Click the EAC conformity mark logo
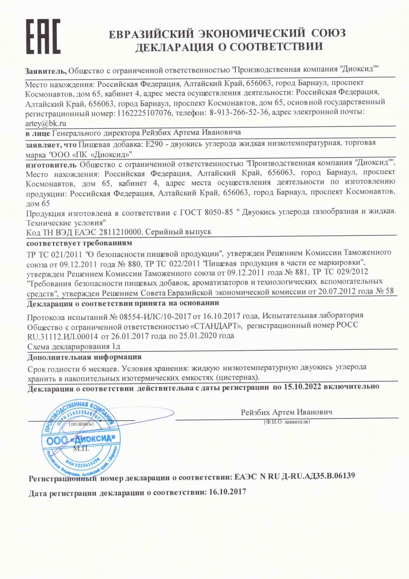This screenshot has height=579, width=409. [43, 37]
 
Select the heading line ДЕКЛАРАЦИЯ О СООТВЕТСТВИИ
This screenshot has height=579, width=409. [229, 47]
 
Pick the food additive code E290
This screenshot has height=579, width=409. [154, 144]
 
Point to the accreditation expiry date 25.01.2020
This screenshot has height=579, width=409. [212, 336]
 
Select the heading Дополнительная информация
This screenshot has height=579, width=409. [84, 357]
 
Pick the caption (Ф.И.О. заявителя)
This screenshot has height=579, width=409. [286, 422]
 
